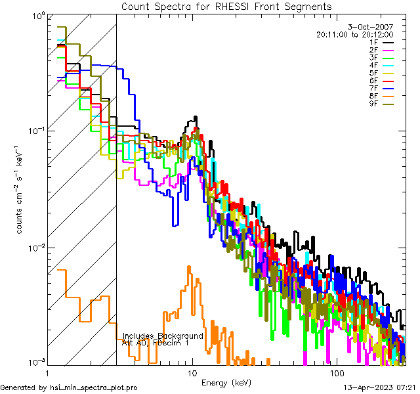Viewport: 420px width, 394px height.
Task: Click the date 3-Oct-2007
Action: click(x=374, y=27)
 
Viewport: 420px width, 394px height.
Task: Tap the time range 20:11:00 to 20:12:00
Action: click(x=354, y=34)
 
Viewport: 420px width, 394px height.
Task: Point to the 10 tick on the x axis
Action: click(x=192, y=372)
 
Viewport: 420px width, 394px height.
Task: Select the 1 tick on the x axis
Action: click(x=51, y=372)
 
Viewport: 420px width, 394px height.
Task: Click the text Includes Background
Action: click(x=163, y=336)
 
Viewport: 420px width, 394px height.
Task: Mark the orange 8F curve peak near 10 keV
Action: click(x=189, y=267)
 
